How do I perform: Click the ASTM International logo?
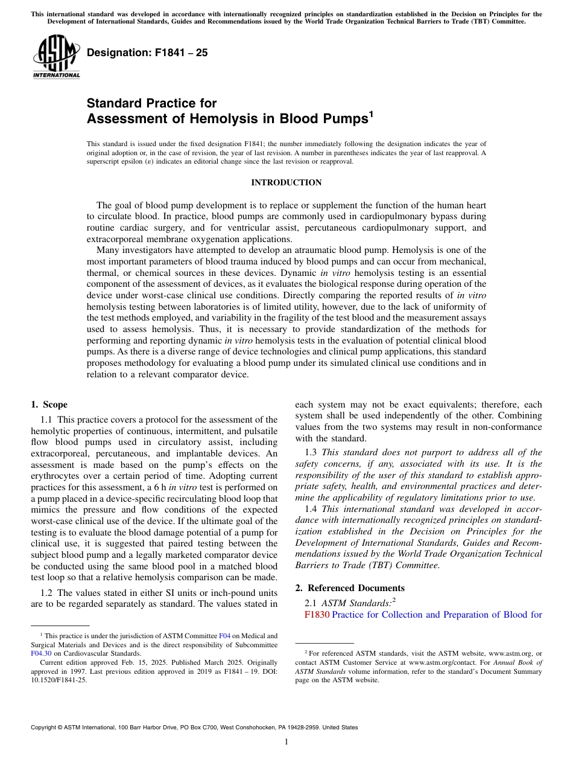56,57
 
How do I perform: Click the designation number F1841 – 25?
148,53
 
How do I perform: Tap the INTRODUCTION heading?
286,183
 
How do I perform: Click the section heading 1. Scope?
49,405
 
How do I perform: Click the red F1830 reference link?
317,615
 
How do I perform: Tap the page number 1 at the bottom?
286,742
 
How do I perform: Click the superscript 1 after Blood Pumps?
370,114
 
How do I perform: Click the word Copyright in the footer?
46,728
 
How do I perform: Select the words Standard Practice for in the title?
152,103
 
